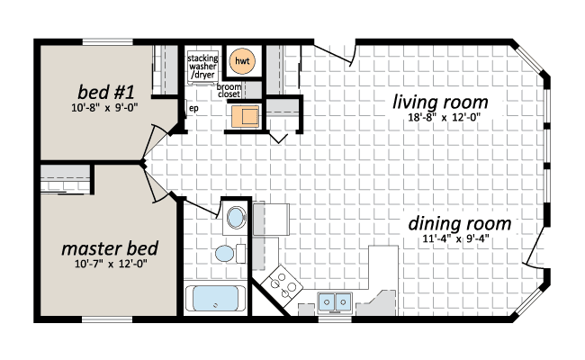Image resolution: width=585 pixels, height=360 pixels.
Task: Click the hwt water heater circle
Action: (x=242, y=61)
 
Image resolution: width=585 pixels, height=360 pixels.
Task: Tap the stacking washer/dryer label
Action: (x=202, y=67)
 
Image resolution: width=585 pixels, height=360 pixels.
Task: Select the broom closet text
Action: (x=229, y=91)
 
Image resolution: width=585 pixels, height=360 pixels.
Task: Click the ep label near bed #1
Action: (x=193, y=109)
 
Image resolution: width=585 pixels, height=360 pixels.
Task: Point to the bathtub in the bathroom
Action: (x=215, y=299)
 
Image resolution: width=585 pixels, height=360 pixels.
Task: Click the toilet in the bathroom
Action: (x=229, y=254)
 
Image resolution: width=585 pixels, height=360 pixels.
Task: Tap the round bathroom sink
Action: (x=236, y=218)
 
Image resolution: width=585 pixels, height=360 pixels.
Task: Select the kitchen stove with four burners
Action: (x=282, y=285)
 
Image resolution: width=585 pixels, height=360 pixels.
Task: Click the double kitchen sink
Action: (x=335, y=302)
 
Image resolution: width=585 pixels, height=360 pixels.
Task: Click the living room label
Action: (x=440, y=102)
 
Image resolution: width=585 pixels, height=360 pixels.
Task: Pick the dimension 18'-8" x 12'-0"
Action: (x=444, y=118)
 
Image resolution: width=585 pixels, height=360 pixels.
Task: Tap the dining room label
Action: (x=459, y=223)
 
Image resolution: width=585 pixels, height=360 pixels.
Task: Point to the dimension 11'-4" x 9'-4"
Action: (x=455, y=238)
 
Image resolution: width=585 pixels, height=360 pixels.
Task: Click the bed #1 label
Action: (x=105, y=92)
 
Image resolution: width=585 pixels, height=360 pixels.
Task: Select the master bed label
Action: (x=110, y=248)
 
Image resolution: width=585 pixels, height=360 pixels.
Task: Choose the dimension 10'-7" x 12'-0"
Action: (x=111, y=264)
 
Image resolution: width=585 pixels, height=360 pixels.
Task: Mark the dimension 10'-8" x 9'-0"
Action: (x=104, y=108)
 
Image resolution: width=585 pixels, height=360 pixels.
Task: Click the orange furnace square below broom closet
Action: (x=245, y=116)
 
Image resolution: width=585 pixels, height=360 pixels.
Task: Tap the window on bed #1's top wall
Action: (x=107, y=41)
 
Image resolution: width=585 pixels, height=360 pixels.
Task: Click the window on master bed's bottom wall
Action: (x=107, y=319)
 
